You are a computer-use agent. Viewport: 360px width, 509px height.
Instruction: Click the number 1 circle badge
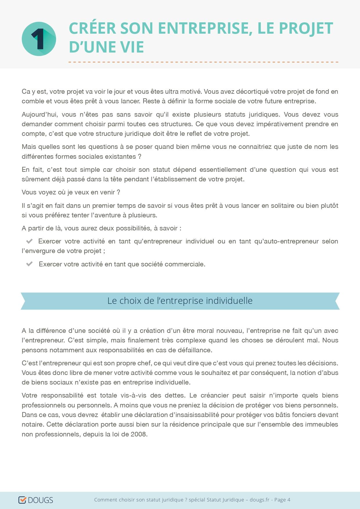[x=39, y=39]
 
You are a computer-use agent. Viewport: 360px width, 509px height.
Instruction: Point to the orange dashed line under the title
[x=203, y=62]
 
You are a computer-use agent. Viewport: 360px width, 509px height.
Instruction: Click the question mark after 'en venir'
[x=118, y=192]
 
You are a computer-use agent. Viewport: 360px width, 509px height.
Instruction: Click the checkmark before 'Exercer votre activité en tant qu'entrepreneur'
[x=29, y=241]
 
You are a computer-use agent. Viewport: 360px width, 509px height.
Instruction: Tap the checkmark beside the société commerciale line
[x=29, y=264]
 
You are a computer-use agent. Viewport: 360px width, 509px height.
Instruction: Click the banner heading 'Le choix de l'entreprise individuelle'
[x=180, y=301]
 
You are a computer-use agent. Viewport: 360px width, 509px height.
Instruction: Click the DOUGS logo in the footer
[x=36, y=500]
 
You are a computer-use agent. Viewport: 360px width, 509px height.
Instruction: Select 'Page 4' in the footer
[x=282, y=500]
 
